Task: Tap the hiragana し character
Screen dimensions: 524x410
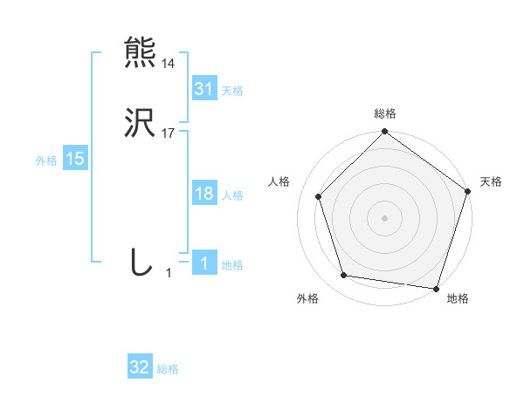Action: (x=141, y=263)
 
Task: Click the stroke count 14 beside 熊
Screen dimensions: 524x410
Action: (x=169, y=64)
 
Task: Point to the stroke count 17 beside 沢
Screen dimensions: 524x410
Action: (x=169, y=133)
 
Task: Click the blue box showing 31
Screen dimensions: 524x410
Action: (x=203, y=89)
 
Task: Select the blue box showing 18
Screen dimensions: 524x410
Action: (x=203, y=195)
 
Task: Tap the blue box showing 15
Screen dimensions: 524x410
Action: (x=75, y=159)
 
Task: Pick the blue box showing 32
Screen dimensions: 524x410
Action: (x=140, y=368)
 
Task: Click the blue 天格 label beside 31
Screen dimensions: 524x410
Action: (x=232, y=91)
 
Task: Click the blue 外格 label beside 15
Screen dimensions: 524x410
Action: (x=46, y=161)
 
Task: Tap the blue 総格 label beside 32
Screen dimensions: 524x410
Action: (x=169, y=370)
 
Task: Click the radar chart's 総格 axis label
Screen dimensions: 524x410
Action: (x=385, y=113)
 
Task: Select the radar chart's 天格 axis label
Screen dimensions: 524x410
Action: (x=492, y=181)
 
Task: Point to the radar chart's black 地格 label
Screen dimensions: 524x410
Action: (x=458, y=298)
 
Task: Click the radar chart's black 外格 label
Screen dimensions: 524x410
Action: (x=307, y=298)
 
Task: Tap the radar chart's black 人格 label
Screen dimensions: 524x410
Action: (x=279, y=181)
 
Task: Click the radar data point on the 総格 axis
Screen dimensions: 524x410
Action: (x=384, y=133)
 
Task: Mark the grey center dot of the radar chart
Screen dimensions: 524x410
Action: (x=384, y=217)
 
